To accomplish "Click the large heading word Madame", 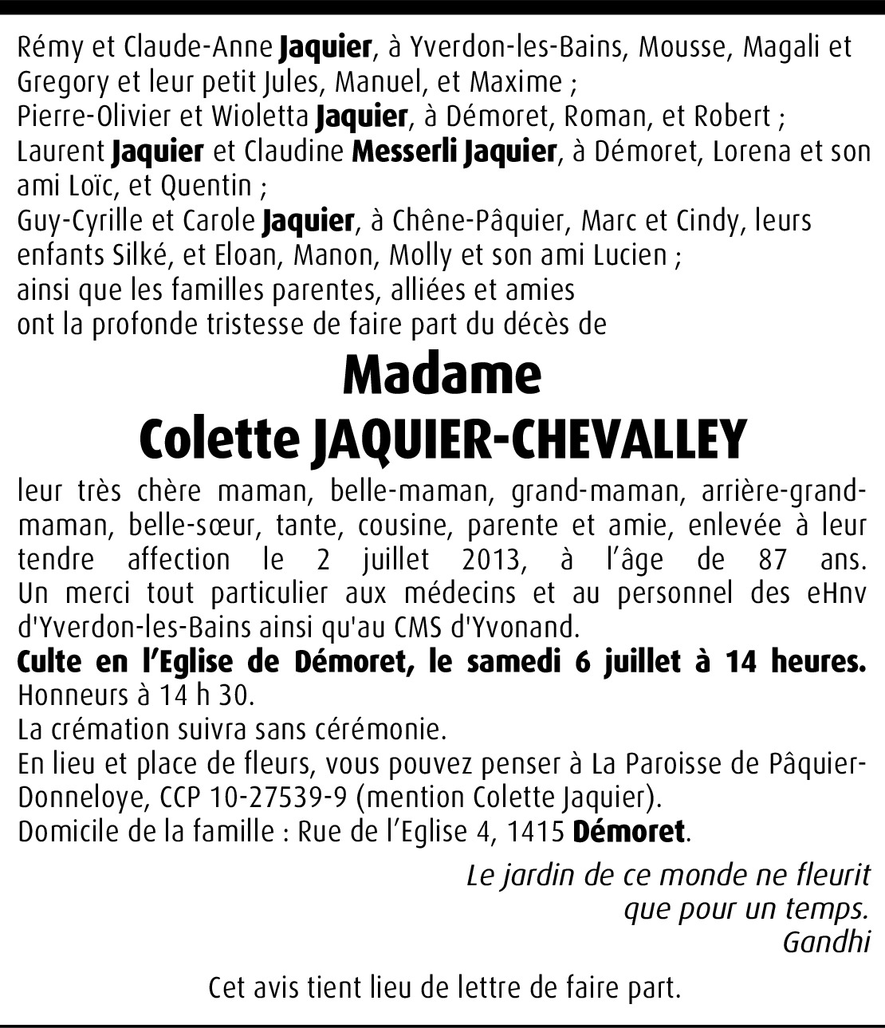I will tap(442, 374).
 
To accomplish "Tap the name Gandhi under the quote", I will tap(825, 942).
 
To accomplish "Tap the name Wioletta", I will tap(259, 116).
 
